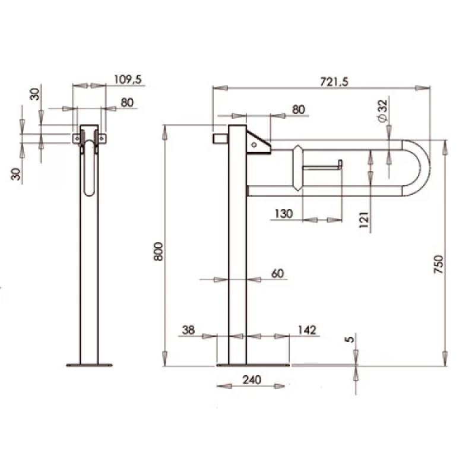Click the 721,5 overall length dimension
(x=334, y=81)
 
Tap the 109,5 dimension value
(x=128, y=80)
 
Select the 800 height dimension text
(x=159, y=251)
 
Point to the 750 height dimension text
(x=438, y=264)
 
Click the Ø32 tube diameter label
(x=382, y=110)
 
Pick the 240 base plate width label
(x=252, y=379)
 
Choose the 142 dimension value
(x=307, y=330)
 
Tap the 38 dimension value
(x=188, y=330)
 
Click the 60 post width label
(x=277, y=273)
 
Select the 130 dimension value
(x=284, y=214)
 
